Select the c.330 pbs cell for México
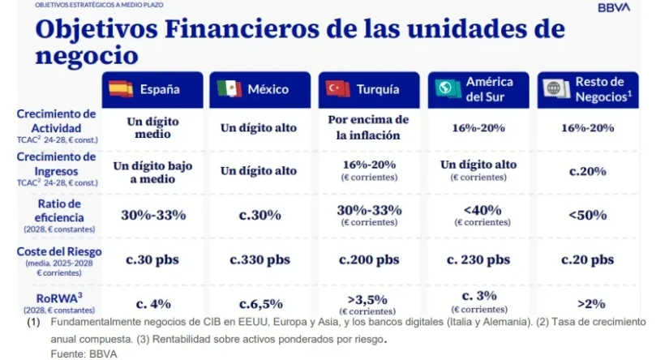coord(259,259)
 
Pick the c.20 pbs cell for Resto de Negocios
coord(587,259)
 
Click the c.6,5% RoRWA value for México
coord(260,304)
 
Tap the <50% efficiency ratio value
coord(587,215)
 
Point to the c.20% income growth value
coord(587,171)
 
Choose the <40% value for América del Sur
coord(478,210)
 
